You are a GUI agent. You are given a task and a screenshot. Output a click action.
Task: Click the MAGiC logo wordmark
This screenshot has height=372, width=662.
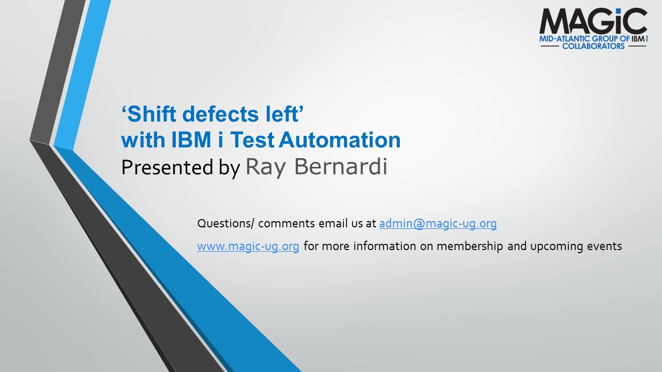[x=593, y=21]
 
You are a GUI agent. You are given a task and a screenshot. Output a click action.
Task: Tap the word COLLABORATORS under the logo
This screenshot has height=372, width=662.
[x=593, y=46]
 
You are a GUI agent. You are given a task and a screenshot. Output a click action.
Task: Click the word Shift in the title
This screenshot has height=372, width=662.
[x=152, y=114]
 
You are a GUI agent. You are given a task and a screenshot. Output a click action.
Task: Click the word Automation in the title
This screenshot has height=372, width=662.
[x=340, y=139]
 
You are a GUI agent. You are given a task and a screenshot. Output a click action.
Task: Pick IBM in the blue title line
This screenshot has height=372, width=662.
[x=191, y=139]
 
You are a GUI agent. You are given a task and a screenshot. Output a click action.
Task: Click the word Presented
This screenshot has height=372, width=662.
[x=167, y=167]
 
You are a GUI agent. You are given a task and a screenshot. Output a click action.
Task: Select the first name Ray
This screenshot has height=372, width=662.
[x=266, y=168]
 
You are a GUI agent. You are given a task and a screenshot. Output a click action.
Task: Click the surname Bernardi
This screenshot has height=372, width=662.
[x=341, y=166]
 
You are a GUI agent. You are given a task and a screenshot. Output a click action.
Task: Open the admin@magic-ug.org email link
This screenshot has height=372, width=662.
[x=438, y=224]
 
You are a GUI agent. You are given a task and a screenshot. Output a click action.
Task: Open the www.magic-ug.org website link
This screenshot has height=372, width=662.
[x=248, y=246]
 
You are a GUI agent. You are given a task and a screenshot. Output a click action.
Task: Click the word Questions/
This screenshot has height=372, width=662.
[x=225, y=224]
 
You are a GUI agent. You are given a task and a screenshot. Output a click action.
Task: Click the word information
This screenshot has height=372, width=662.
[x=385, y=246]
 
